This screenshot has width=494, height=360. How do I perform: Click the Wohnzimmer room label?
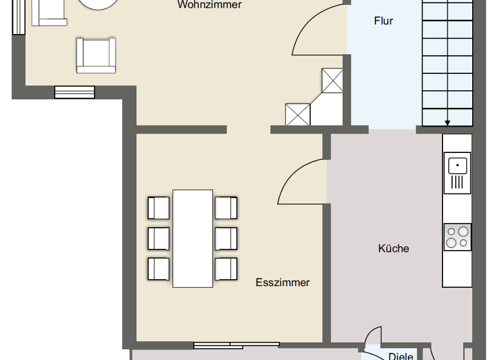coord(210,5)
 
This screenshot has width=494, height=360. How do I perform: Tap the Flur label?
coord(383,21)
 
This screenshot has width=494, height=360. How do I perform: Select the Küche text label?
coord(394,249)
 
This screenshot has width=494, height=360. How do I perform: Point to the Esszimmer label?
coord(282,282)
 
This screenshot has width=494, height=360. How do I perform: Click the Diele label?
coord(401,355)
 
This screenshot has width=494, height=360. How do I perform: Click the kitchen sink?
coord(457,172)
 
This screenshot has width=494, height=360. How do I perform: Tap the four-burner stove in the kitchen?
coord(457,237)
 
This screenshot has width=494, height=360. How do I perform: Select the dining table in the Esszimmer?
coord(193,238)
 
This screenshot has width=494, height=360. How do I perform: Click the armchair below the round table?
coord(96,55)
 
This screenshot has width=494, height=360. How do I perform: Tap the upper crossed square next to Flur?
coord(333,80)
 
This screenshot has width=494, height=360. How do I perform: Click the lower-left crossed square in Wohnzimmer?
coord(298,114)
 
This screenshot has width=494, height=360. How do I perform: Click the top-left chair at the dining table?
coord(158,208)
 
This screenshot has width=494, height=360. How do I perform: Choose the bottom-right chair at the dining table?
coord(226,268)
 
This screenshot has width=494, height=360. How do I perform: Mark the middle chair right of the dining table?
coord(226,238)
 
